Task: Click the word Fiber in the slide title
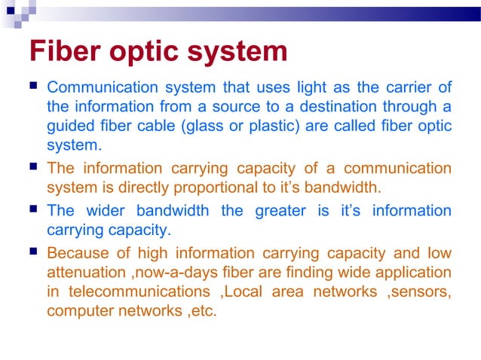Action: point(66,52)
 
